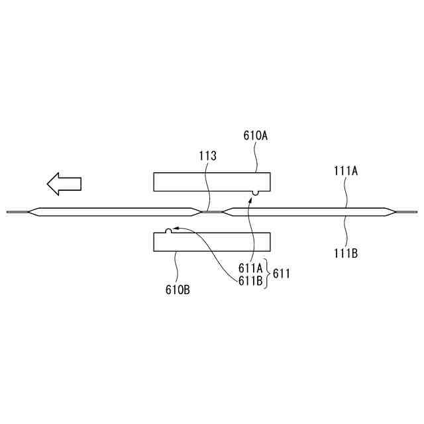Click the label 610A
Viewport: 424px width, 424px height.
[x=255, y=136]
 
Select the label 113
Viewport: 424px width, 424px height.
[x=208, y=156]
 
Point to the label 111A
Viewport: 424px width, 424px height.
[x=345, y=170]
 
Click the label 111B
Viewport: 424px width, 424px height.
[x=345, y=252]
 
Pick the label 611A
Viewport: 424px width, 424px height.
[x=251, y=268]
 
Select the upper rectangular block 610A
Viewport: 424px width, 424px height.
[x=211, y=182]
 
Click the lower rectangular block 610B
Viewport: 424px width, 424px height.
[x=211, y=242]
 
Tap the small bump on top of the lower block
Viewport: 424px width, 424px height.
[x=169, y=231]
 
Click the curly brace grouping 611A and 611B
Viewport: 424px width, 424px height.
[x=267, y=274]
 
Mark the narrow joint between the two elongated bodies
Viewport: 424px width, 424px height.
[x=211, y=212]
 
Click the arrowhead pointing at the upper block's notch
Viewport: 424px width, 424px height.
[x=250, y=199]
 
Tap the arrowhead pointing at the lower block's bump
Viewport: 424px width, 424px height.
[x=176, y=230]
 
